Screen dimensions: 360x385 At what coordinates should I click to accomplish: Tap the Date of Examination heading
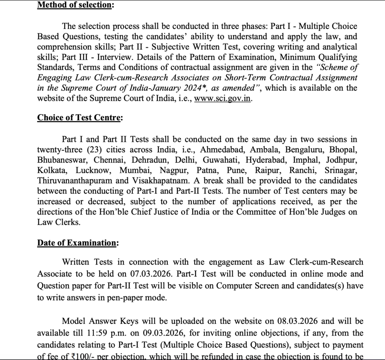coord(76,243)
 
